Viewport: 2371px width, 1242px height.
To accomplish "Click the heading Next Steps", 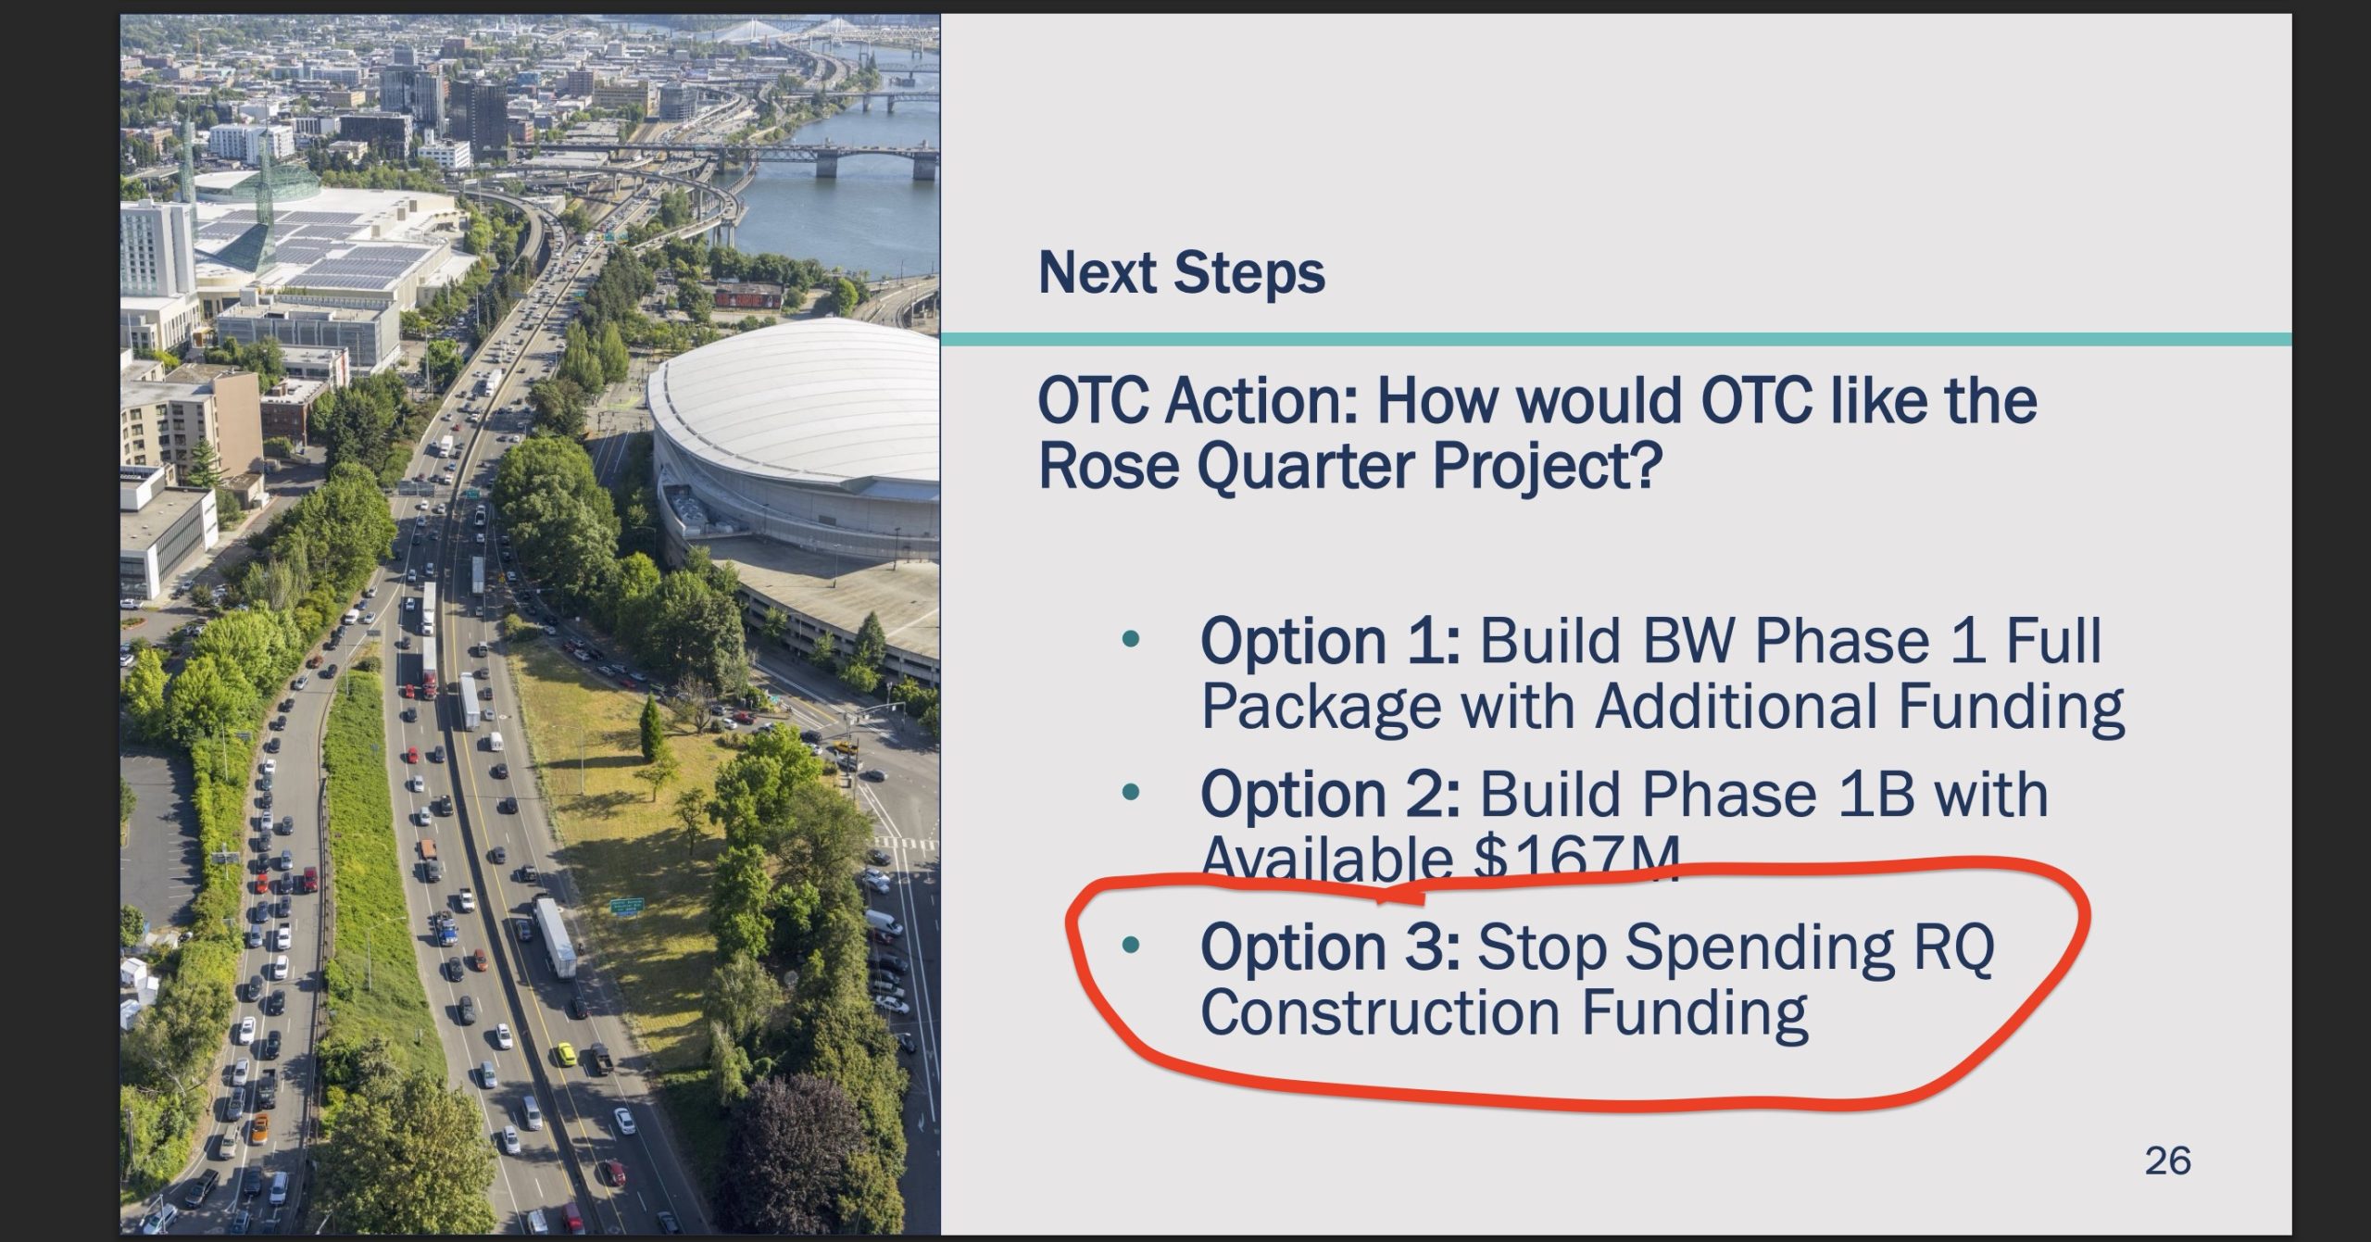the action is tap(1181, 273).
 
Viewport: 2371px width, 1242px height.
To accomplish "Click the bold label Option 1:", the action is tap(1331, 642).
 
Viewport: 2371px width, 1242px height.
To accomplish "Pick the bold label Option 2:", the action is tap(1331, 795).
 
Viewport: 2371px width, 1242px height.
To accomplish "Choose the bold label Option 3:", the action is tap(1331, 947).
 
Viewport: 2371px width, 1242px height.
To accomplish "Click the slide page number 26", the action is tap(2167, 1160).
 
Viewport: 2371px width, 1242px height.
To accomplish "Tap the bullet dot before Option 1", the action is tap(1129, 639).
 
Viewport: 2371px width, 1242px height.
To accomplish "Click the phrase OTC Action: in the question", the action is tap(1198, 401).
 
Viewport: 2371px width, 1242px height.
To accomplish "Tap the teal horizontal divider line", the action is tap(1616, 340).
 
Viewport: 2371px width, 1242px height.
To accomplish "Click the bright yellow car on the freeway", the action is tap(565, 1053).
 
